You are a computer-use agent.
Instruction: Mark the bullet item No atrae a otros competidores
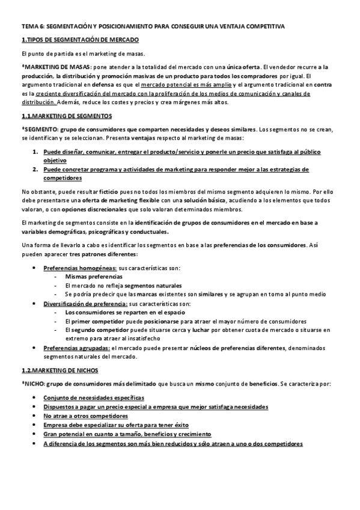click(x=85, y=416)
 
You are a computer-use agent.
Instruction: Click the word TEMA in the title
click(x=29, y=26)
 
